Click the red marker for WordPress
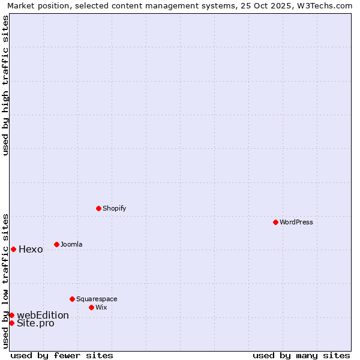(x=275, y=222)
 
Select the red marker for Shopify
(x=98, y=208)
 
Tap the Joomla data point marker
(x=56, y=244)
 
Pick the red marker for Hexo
(x=13, y=249)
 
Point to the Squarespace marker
(x=72, y=299)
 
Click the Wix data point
(x=91, y=307)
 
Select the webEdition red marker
(x=11, y=315)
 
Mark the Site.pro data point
(x=11, y=323)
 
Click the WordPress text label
(x=296, y=222)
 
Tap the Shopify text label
(x=114, y=208)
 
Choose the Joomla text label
(x=71, y=244)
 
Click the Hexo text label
(x=31, y=250)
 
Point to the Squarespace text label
(x=97, y=299)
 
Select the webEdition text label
(x=43, y=316)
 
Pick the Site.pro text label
(x=35, y=323)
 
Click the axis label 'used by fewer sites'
(x=62, y=355)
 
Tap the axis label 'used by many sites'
(x=301, y=355)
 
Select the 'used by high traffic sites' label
(x=6, y=85)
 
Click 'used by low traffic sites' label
(x=6, y=280)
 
